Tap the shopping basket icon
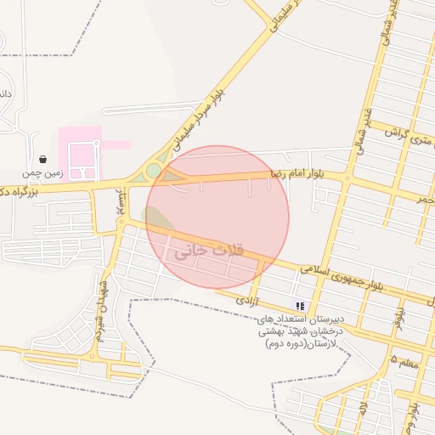pyautogui.click(x=42, y=159)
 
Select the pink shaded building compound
pyautogui.click(x=82, y=153)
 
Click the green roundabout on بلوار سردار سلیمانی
pyautogui.click(x=153, y=171)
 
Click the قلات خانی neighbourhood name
pyautogui.click(x=208, y=252)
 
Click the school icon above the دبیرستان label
pyautogui.click(x=299, y=305)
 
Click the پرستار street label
pyautogui.click(x=121, y=202)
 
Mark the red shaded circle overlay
pyautogui.click(x=217, y=217)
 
